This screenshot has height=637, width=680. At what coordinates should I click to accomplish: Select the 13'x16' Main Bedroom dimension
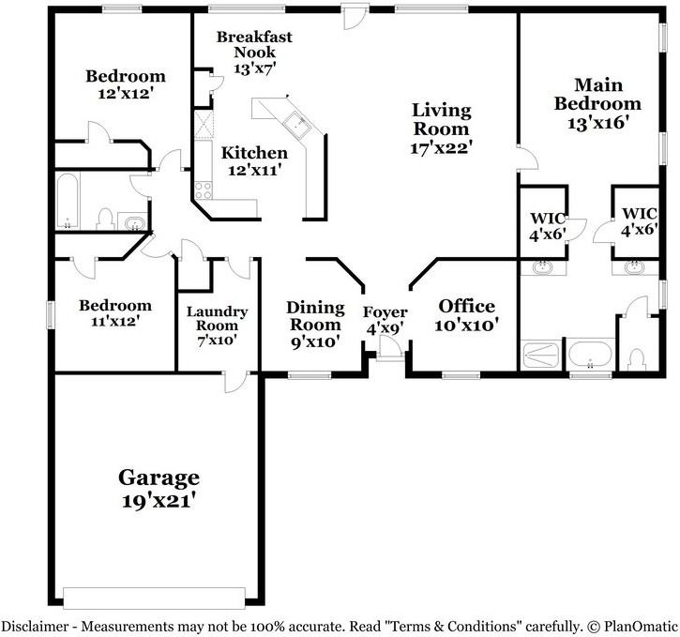click(597, 122)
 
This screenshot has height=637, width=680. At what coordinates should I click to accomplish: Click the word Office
click(466, 307)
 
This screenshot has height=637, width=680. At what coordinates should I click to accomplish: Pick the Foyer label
click(385, 312)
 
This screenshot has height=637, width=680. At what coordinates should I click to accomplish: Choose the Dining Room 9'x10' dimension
click(314, 341)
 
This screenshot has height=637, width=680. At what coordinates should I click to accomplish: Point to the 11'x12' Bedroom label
click(114, 306)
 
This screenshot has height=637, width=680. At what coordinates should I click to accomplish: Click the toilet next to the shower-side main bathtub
click(637, 358)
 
